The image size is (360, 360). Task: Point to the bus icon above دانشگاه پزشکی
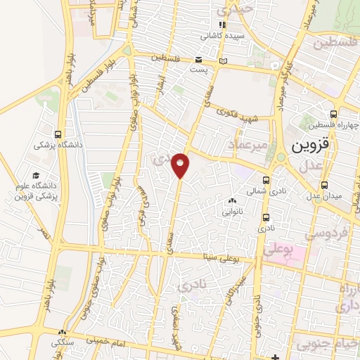click(57, 134)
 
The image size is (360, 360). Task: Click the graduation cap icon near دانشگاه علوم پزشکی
click(36, 176)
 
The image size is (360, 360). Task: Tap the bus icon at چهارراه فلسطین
click(334, 115)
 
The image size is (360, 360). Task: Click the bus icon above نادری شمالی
click(266, 179)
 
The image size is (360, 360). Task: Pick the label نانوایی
click(233, 210)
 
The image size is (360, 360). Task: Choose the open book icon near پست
click(224, 61)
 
